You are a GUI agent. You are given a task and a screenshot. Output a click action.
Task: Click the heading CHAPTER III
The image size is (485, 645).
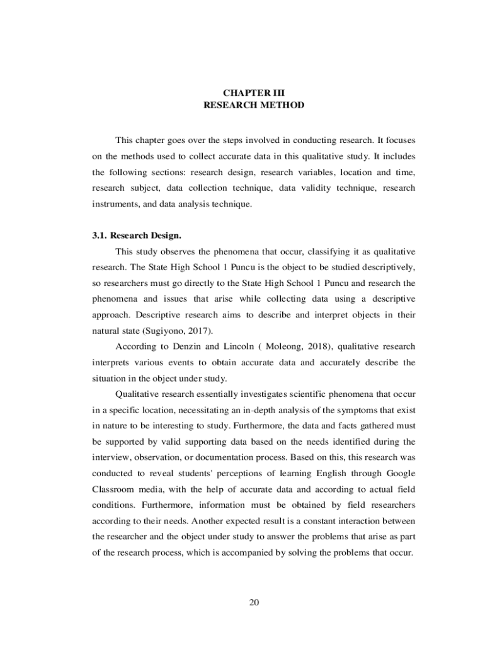point(254,92)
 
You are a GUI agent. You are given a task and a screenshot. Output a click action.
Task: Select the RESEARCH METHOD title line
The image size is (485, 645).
point(254,105)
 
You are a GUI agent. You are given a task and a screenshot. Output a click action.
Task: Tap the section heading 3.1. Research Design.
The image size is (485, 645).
point(137,236)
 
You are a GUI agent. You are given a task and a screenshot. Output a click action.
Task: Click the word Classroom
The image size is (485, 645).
point(114,489)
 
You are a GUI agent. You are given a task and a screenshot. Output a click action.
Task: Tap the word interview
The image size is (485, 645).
point(111,457)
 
